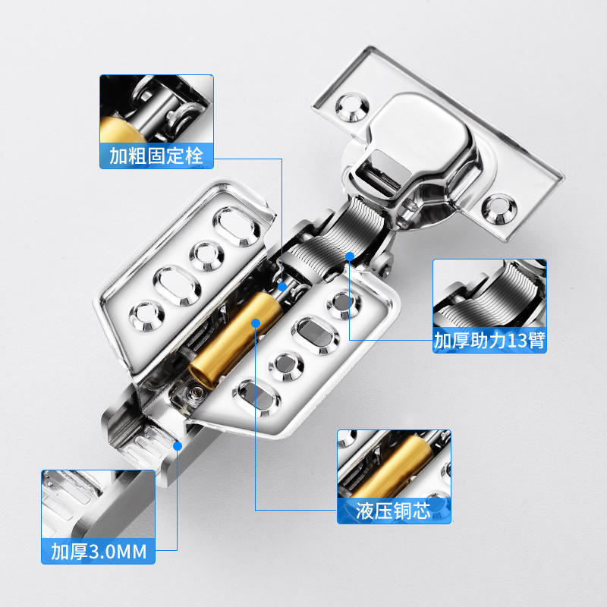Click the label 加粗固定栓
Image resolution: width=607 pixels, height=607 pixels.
coord(156,156)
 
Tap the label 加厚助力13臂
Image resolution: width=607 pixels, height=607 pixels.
coord(489,340)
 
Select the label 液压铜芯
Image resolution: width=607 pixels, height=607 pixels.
coord(393,511)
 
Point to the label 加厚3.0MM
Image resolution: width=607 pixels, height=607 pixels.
coord(99,552)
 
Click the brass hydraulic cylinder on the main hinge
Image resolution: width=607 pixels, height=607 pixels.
coord(235,340)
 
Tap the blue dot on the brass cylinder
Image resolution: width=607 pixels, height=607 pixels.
coord(256,322)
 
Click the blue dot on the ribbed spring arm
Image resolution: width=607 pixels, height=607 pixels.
coord(350,256)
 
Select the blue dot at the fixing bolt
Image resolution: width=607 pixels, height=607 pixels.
coord(282,287)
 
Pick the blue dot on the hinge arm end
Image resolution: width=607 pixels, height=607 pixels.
coord(178,446)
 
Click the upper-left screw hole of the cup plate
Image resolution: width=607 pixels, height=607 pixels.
coord(351,107)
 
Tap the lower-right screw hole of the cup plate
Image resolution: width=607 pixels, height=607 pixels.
coord(499,209)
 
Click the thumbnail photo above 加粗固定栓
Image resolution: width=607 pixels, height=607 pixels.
coord(157,109)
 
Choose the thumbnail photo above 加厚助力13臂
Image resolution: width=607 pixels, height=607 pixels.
coord(489,294)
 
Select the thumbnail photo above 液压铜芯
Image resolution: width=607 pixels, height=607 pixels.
coord(394,464)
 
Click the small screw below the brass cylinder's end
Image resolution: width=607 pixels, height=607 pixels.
coord(195,393)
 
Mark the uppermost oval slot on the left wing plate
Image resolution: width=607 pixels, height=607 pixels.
coord(237,226)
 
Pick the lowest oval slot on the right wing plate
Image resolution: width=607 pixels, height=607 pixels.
coord(256,398)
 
